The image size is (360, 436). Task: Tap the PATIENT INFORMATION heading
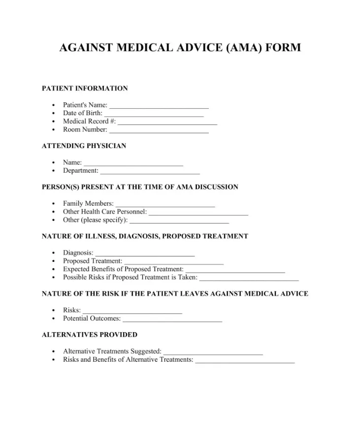click(85, 89)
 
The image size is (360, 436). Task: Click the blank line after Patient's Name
click(159, 106)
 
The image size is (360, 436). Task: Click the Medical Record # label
click(89, 122)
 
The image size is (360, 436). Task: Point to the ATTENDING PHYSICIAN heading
click(84, 146)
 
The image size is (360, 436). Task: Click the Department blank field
click(150, 172)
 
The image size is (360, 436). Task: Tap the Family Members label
click(88, 204)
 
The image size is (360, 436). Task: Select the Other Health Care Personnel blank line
click(198, 213)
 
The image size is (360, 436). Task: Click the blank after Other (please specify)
click(179, 221)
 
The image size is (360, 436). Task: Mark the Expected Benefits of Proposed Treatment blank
click(235, 271)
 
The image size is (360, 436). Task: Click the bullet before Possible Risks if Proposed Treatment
click(53, 278)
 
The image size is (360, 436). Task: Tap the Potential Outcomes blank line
click(172, 320)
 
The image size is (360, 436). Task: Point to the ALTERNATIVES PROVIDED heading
click(90, 335)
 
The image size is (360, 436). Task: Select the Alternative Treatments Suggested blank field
click(213, 353)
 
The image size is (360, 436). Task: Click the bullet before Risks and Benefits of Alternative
click(53, 360)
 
